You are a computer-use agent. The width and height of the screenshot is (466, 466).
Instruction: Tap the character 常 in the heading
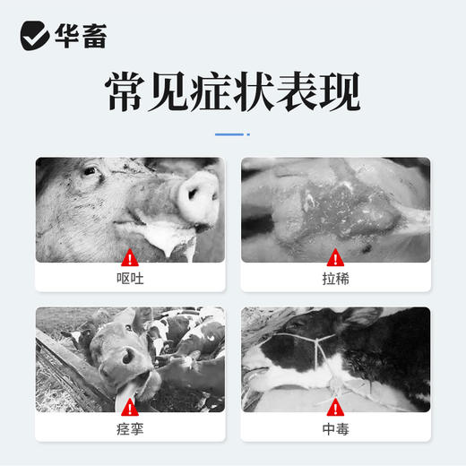(x=128, y=92)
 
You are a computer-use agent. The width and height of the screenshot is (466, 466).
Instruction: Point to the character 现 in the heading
(x=337, y=92)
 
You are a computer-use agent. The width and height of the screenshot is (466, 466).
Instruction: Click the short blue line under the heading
(x=232, y=134)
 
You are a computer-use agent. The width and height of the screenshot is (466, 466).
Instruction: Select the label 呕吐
(x=129, y=279)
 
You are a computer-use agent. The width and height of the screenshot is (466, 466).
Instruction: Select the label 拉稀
(x=335, y=279)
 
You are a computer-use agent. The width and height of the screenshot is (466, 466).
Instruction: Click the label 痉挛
(x=129, y=428)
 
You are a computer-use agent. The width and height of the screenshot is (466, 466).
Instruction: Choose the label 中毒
(x=335, y=428)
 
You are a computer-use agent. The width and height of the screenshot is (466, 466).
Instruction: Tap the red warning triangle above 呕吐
(x=129, y=255)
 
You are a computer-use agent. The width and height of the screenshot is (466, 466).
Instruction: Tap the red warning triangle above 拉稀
(x=335, y=255)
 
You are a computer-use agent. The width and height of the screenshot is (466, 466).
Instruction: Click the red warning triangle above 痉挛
(x=129, y=405)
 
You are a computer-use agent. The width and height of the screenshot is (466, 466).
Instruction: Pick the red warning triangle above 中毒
(x=335, y=405)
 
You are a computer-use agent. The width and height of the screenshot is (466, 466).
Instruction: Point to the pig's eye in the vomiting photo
(x=89, y=170)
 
